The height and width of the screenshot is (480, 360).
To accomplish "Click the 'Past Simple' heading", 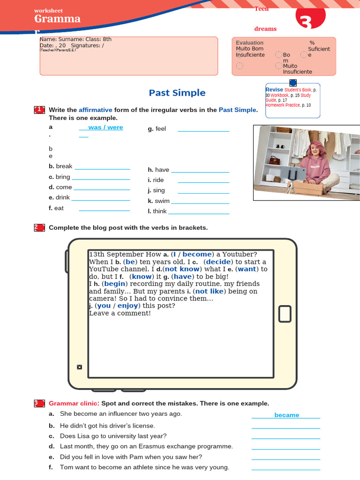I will click(x=177, y=93).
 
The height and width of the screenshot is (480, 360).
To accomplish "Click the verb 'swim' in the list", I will click(x=162, y=201).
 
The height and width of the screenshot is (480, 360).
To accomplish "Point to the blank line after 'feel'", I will click(x=203, y=130).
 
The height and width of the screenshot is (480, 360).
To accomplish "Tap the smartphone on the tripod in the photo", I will click(x=295, y=174).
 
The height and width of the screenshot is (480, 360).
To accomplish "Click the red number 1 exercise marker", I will click(x=39, y=110).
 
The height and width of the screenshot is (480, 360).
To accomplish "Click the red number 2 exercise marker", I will click(x=39, y=228).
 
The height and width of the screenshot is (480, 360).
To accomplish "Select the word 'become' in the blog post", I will click(x=197, y=255).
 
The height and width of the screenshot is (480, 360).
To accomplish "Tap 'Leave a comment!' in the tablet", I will click(x=120, y=313).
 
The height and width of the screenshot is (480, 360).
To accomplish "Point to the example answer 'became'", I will click(x=286, y=415).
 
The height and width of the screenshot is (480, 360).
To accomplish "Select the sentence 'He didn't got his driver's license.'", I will click(x=107, y=426).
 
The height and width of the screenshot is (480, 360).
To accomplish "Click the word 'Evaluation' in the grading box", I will click(x=249, y=43).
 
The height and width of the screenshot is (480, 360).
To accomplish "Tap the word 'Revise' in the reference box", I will click(x=274, y=90).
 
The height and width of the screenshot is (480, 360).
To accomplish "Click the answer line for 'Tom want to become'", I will click(x=285, y=468).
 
